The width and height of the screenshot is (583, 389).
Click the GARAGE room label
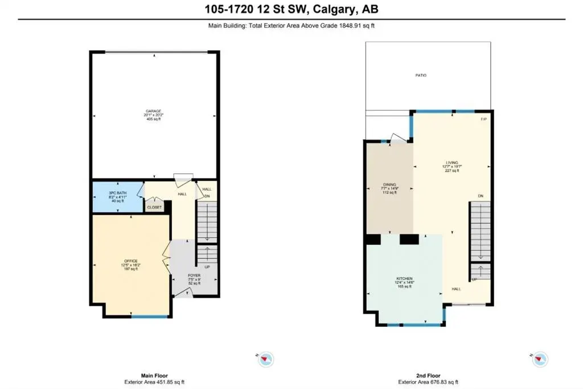tap(153, 110)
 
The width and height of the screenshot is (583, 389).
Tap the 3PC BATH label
tap(118, 193)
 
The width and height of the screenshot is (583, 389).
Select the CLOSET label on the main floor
tap(154, 207)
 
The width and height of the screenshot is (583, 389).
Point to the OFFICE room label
tap(131, 261)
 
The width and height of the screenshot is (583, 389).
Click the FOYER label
tap(195, 275)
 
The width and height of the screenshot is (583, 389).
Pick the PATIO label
tap(420, 75)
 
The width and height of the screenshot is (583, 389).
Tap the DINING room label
tap(389, 185)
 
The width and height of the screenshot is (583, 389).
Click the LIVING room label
tap(451, 163)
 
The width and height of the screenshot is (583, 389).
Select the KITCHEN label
tap(404, 278)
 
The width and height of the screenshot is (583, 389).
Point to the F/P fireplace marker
tap(483, 119)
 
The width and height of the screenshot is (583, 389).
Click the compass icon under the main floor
tap(266, 359)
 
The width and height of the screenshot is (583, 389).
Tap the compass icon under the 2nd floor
tap(540, 359)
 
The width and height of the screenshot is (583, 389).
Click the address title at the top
tap(291, 9)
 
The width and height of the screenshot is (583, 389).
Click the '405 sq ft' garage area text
tap(153, 119)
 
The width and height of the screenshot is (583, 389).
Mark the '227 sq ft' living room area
tap(451, 171)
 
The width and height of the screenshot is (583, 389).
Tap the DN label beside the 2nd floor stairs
tap(481, 196)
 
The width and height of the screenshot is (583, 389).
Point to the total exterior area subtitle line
tap(291, 25)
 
